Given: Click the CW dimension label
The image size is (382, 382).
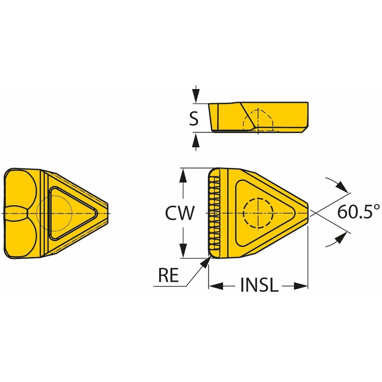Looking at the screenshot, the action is (180, 213).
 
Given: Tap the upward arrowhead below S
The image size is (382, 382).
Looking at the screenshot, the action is (196, 139).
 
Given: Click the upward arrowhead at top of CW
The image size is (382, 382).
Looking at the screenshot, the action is (184, 175).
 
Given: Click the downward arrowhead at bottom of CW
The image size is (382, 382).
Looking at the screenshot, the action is (184, 251).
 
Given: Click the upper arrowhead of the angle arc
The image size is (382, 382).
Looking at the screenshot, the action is (342, 187).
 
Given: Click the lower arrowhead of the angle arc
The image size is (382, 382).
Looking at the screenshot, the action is (342, 238).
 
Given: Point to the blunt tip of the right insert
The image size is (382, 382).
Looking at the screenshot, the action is (308, 213).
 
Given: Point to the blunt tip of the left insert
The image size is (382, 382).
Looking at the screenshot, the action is (108, 213).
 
